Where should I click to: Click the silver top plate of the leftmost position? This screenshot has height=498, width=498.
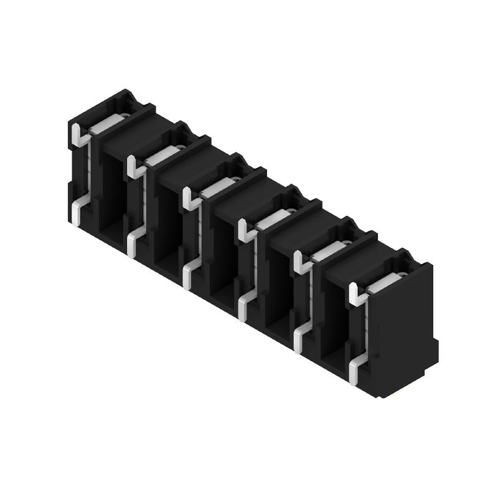point(106,124)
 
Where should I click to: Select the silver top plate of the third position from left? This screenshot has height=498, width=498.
point(217,187)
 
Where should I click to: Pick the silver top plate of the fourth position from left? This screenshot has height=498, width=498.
point(273,219)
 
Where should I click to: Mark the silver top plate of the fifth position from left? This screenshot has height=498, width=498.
point(328,251)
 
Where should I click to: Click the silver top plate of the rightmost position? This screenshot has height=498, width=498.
point(383,283)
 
